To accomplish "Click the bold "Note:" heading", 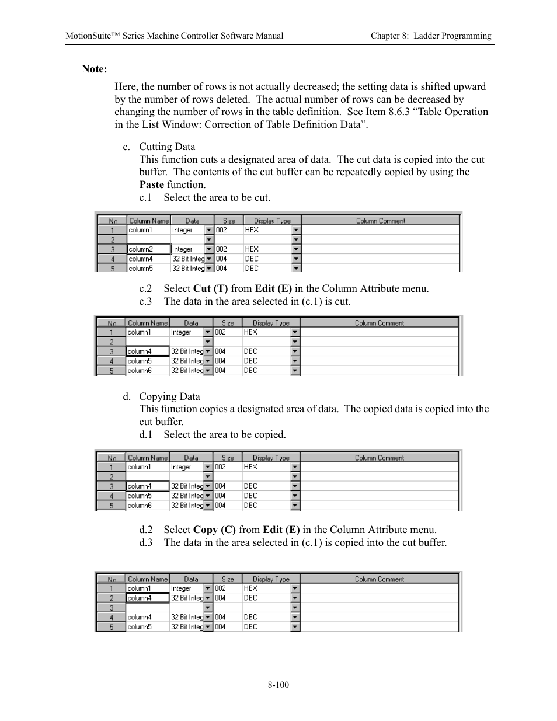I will coord(94,69).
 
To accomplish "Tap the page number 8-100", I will coord(278,684).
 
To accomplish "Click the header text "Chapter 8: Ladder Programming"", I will coord(431,36).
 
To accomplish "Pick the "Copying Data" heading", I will coord(169,396).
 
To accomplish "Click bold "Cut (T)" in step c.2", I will coord(210,288).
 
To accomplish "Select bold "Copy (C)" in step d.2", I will coord(214,530).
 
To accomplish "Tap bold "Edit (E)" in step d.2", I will coord(281,530).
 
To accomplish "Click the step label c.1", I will coord(145,197).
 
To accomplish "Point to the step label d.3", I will coord(145,542).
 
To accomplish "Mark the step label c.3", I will coord(145,301).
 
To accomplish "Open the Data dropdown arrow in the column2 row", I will coord(209,249).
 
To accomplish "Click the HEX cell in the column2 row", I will coord(252,249).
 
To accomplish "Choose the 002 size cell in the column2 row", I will coord(221,249).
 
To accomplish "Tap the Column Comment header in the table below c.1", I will coord(380,221).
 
